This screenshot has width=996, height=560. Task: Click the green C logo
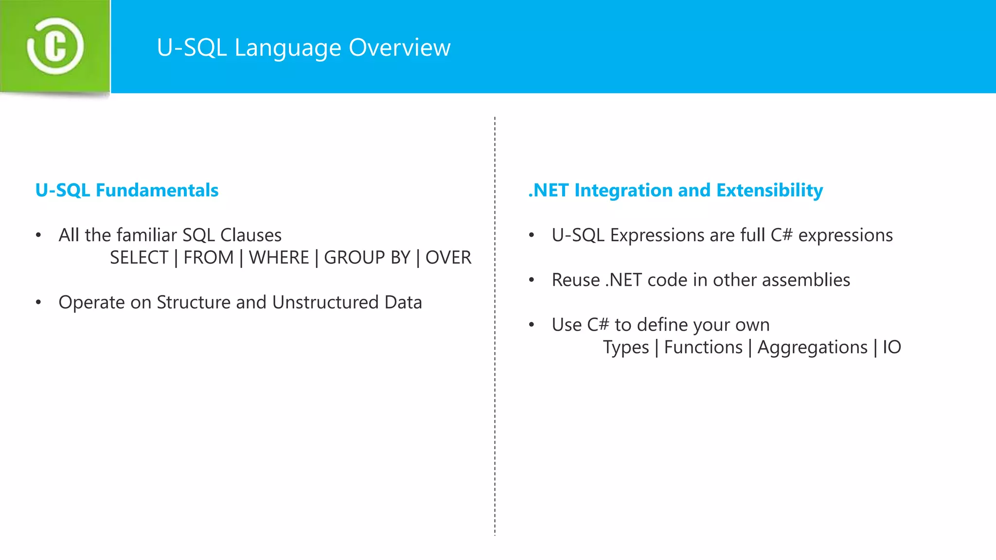(55, 46)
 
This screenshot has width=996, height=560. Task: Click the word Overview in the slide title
(399, 48)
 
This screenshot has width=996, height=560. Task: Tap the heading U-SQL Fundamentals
(127, 190)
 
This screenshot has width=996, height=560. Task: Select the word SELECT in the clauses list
(139, 258)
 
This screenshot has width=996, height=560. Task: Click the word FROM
(209, 258)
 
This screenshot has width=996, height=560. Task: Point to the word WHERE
(279, 258)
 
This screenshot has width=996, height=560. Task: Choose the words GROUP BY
(367, 258)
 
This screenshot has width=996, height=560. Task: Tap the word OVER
(448, 258)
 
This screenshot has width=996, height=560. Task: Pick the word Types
(626, 348)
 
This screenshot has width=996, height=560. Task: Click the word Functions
(703, 348)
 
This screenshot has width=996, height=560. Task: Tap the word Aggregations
(812, 348)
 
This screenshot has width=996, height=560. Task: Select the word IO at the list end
(892, 348)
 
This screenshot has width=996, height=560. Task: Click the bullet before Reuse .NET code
(532, 280)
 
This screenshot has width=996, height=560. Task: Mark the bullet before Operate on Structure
(38, 302)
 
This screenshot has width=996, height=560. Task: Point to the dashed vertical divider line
(495, 389)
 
